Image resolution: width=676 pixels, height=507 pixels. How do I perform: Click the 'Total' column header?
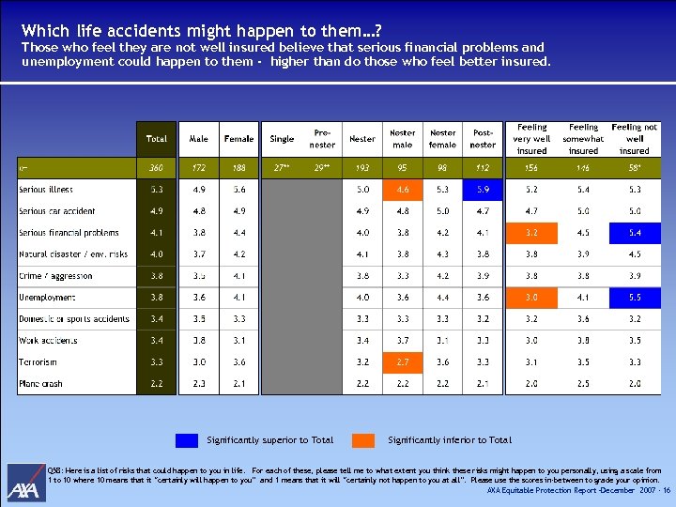tap(157, 139)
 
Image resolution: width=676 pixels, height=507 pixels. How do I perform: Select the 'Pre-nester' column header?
tap(322, 139)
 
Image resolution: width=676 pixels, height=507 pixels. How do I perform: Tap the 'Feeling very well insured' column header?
tap(531, 139)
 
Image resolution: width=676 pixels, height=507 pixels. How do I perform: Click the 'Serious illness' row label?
tap(46, 190)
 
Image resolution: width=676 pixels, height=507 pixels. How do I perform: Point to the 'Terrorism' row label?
tap(38, 361)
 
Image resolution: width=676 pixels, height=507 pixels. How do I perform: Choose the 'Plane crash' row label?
tap(41, 383)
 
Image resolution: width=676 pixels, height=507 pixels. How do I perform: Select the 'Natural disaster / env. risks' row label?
tap(73, 254)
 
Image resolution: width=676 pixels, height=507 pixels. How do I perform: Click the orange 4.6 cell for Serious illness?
tap(403, 190)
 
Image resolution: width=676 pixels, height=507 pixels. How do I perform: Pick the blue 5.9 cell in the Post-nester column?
tap(483, 190)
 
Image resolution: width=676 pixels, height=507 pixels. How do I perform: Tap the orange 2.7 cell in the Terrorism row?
tap(403, 361)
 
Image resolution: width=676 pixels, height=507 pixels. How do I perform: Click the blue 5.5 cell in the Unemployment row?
tap(634, 298)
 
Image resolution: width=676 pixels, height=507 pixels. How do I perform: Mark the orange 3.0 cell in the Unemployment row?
tap(531, 298)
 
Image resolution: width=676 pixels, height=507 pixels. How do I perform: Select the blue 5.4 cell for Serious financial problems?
tap(634, 233)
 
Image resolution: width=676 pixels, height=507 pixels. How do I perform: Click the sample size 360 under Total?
tap(157, 168)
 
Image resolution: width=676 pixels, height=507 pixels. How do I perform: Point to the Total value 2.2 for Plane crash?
tap(157, 383)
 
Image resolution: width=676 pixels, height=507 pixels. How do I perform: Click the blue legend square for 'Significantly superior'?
tap(187, 439)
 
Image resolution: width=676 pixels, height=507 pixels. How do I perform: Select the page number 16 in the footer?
tap(666, 490)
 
